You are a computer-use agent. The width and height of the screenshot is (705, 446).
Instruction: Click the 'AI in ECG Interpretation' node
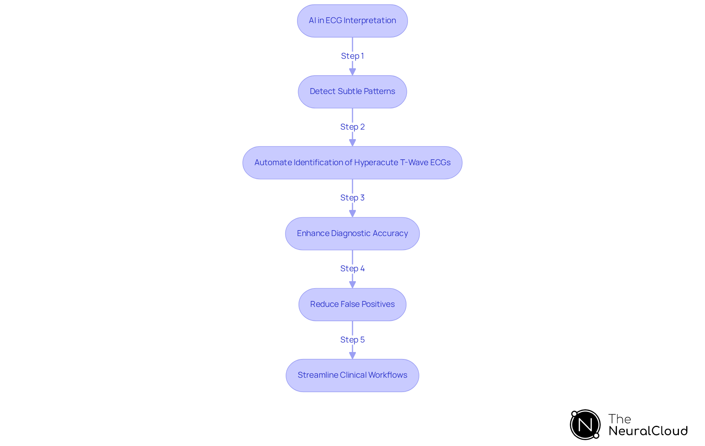(352, 21)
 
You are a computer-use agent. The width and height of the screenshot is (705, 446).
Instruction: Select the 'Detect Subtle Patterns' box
(352, 92)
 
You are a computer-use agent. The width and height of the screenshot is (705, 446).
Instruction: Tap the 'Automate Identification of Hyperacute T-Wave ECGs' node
(352, 163)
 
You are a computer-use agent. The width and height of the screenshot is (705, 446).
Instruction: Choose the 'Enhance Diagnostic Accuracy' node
(352, 233)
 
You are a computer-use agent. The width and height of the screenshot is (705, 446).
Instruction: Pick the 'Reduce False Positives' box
(352, 304)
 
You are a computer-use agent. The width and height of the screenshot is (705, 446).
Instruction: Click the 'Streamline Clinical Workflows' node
(352, 375)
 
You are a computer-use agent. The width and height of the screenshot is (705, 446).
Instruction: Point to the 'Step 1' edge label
(352, 56)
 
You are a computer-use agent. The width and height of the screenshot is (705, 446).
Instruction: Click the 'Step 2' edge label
(352, 127)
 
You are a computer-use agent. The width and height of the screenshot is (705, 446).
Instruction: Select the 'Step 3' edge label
(352, 197)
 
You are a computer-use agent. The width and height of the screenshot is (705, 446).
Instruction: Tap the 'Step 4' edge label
(352, 268)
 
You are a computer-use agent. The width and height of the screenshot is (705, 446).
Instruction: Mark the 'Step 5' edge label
(352, 340)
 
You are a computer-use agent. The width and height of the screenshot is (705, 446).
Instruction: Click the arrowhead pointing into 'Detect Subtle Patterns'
(352, 72)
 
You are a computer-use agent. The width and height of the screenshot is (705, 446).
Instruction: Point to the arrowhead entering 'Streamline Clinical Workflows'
(352, 355)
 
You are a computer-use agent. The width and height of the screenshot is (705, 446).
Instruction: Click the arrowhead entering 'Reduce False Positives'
(352, 284)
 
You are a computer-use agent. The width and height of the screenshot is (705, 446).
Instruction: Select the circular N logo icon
(585, 425)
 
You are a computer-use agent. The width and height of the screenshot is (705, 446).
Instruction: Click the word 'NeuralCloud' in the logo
(648, 431)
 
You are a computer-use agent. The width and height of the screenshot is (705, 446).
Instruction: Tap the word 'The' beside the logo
(619, 419)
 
